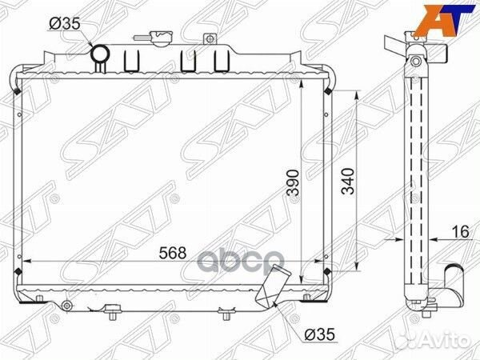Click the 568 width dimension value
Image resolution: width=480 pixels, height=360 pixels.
coord(173,253)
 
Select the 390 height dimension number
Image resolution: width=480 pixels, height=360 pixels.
coord(293,182)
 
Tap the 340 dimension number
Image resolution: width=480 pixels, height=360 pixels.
coord(348,181)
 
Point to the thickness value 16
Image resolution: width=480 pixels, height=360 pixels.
coord(460,232)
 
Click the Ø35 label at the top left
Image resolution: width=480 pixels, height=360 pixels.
coord(65,23)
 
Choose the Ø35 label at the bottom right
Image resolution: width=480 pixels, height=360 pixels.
coord(320,335)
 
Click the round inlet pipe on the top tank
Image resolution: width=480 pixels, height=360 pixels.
coord(101,54)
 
